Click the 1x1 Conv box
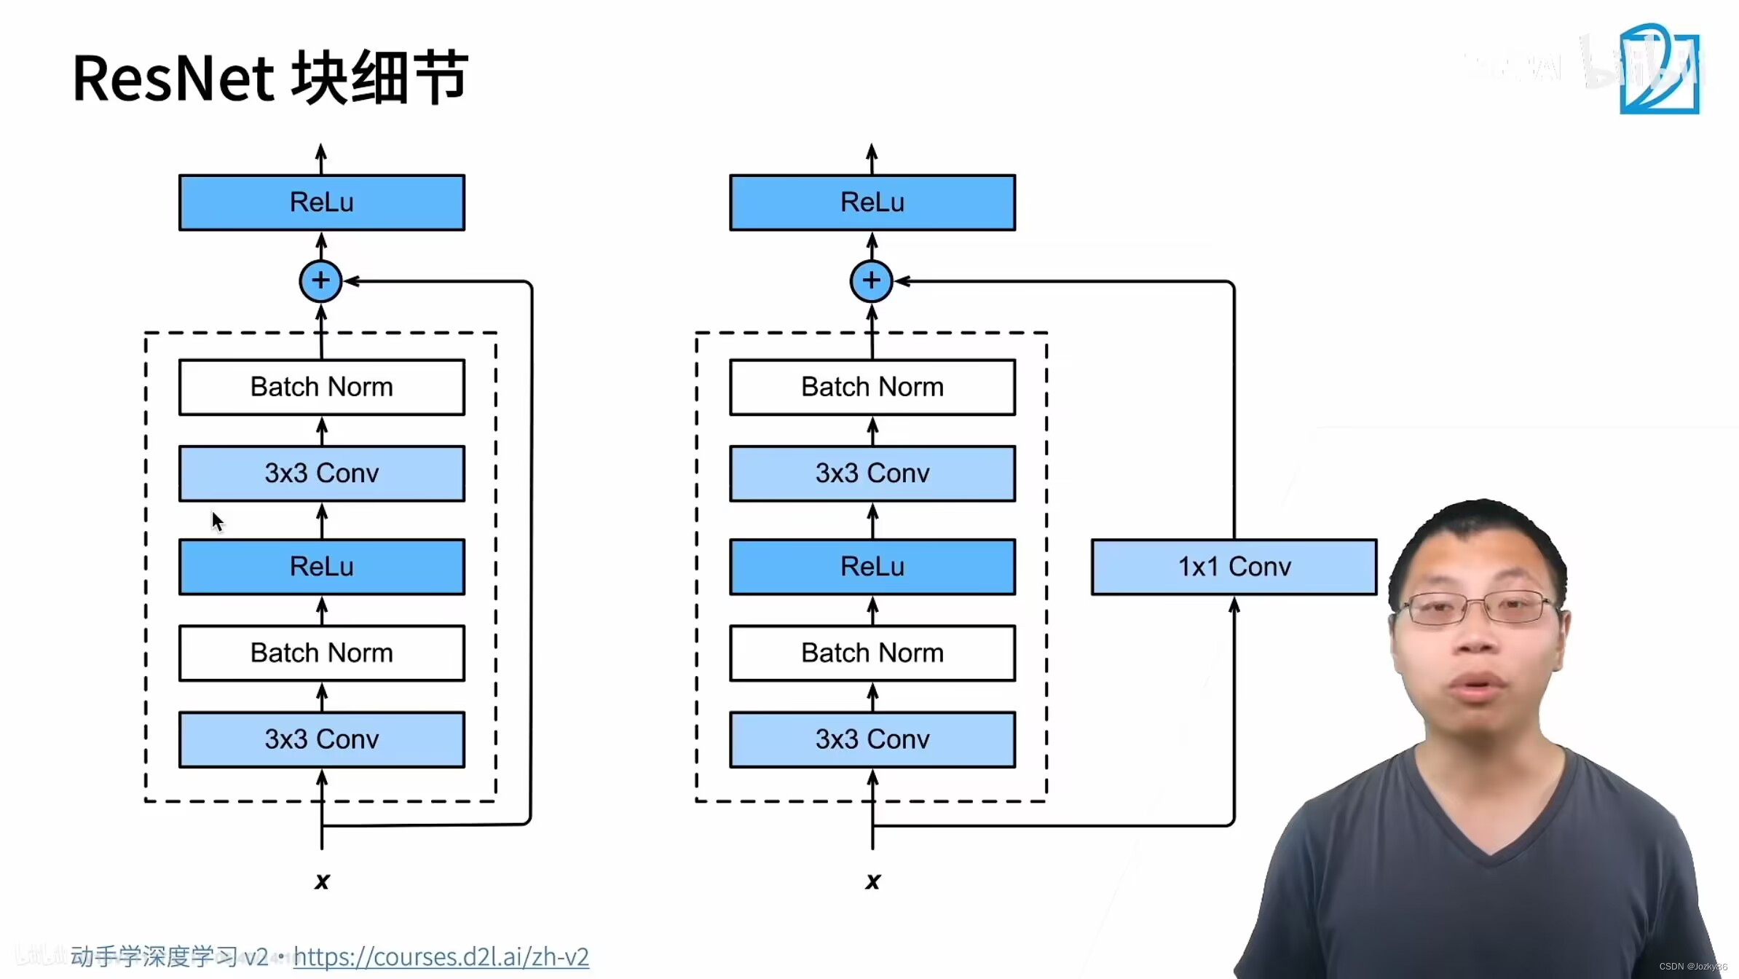click(1234, 567)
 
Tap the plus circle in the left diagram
click(320, 280)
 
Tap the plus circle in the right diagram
click(871, 280)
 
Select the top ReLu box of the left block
click(322, 203)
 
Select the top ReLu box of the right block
click(872, 203)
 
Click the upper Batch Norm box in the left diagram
click(322, 387)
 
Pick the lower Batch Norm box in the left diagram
click(322, 653)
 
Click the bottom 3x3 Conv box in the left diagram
click(322, 739)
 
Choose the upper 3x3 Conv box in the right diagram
click(872, 473)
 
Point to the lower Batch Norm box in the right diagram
click(872, 653)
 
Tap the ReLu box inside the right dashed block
click(872, 567)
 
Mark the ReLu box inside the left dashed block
click(322, 567)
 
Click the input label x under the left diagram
click(322, 881)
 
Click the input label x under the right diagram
click(872, 881)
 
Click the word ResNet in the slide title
click(173, 79)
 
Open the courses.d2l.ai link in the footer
click(441, 956)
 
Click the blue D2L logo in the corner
click(1659, 70)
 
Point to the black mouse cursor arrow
click(217, 521)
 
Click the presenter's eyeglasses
click(1482, 608)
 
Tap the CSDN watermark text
click(1692, 967)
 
